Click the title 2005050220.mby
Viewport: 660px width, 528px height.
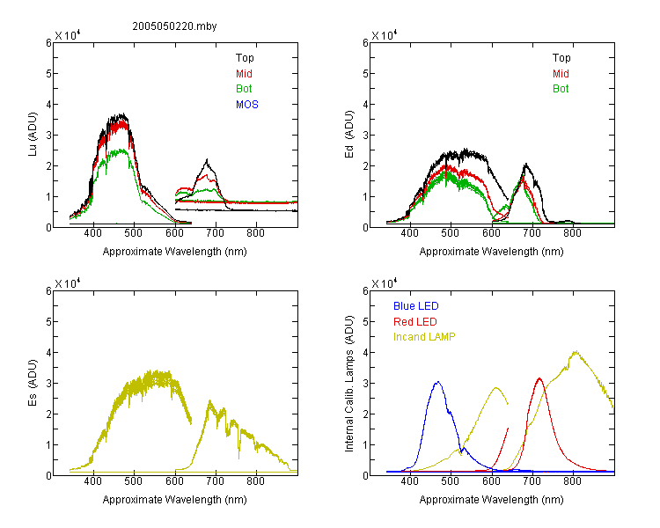tap(174, 26)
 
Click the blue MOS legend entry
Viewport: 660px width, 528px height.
tap(247, 105)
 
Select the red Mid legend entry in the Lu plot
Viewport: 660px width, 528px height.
tap(244, 74)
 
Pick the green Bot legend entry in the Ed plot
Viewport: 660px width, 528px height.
tap(561, 89)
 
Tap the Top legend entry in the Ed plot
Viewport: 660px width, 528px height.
tap(561, 58)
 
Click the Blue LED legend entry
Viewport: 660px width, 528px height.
tap(416, 306)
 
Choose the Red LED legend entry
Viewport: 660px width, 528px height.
tap(415, 322)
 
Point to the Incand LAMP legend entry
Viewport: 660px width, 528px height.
tap(424, 337)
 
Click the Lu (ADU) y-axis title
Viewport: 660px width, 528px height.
tap(33, 135)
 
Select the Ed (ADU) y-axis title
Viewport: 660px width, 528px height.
tap(349, 135)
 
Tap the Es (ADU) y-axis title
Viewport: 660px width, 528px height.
tap(33, 383)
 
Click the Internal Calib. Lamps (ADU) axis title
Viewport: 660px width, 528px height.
tap(349, 384)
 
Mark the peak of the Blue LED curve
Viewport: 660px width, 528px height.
tap(438, 382)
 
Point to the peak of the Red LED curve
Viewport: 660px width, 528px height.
tap(539, 378)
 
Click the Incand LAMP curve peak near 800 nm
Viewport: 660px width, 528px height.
tap(576, 352)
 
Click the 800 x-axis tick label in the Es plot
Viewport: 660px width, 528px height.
tap(255, 481)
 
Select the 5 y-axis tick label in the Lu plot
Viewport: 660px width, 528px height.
tap(48, 74)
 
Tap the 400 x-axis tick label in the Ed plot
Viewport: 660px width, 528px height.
tap(409, 233)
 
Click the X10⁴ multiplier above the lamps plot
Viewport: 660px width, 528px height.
tap(385, 283)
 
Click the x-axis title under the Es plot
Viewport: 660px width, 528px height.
tap(175, 500)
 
